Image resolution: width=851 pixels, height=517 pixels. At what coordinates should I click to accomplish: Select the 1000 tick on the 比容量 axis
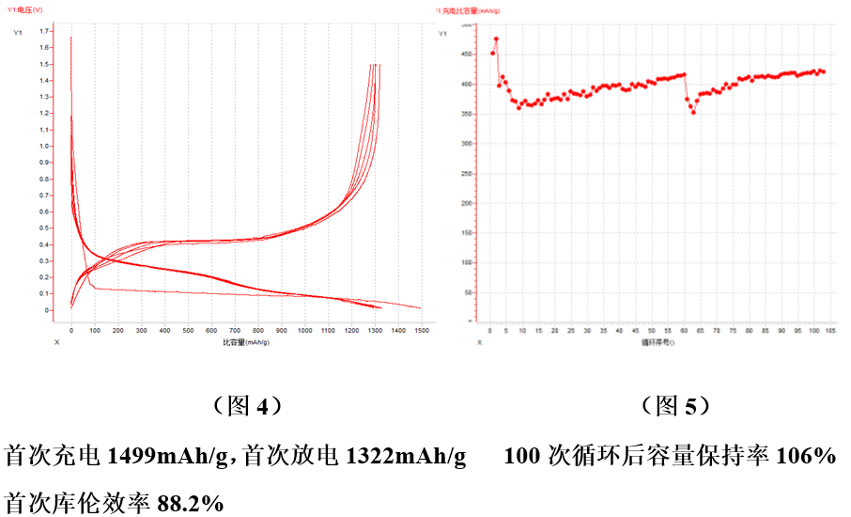304,331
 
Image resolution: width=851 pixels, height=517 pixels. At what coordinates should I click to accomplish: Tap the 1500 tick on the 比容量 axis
421,331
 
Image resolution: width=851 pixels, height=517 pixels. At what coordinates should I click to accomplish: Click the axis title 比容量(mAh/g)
246,342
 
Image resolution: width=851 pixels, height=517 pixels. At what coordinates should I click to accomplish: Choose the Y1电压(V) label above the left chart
31,8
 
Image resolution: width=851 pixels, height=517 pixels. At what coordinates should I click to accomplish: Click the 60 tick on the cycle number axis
686,331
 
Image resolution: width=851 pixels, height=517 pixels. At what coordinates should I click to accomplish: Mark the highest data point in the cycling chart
496,39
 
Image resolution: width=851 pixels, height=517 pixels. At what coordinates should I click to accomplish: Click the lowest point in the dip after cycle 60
693,112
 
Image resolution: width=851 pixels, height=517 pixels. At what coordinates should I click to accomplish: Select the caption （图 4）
243,406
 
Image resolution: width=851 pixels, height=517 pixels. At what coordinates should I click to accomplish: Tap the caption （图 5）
673,406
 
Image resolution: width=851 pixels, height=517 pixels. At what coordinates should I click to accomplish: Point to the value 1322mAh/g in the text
406,458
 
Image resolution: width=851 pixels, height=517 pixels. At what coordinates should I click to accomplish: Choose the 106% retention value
805,458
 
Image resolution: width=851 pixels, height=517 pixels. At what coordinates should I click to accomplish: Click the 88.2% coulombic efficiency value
190,503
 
